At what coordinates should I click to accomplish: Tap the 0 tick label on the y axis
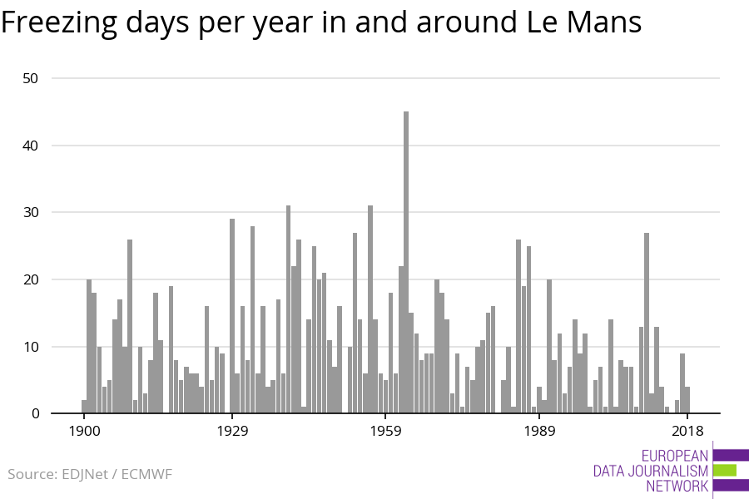pyautogui.click(x=35, y=413)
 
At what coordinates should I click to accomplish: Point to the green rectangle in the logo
pyautogui.click(x=725, y=471)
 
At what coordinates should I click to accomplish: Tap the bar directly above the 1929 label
pyautogui.click(x=232, y=316)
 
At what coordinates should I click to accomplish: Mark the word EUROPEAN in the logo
pyautogui.click(x=675, y=456)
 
